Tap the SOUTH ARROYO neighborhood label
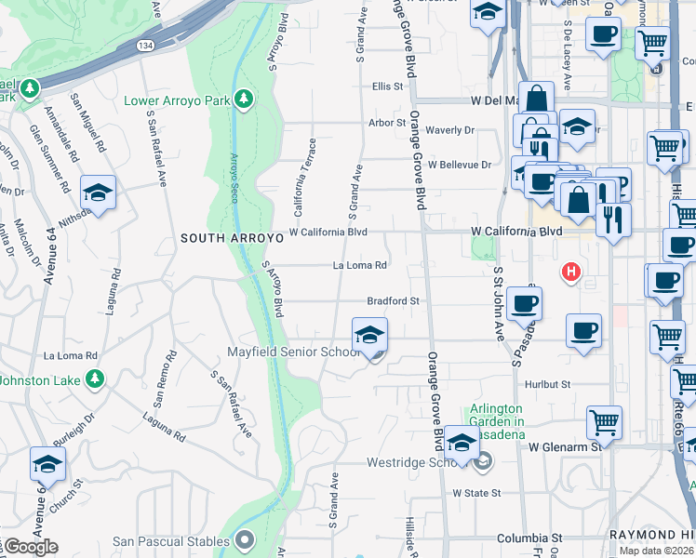tap(232, 239)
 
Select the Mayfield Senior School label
tap(294, 352)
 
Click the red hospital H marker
tap(569, 273)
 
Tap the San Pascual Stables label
tap(171, 541)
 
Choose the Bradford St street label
tap(394, 301)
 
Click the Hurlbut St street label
tap(546, 383)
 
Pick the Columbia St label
tap(529, 538)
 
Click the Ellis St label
tap(388, 86)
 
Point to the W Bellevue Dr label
tap(459, 165)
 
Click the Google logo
tap(30, 548)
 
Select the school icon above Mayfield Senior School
tap(370, 334)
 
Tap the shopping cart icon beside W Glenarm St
tap(604, 421)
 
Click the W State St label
tap(476, 493)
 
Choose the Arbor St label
tap(388, 122)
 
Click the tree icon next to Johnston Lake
tap(94, 379)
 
